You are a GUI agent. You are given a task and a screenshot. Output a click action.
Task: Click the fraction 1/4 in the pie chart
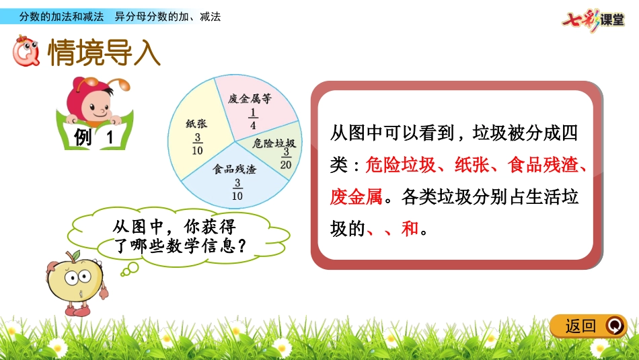pyautogui.click(x=252, y=118)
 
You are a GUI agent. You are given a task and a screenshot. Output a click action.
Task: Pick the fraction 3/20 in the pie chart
pyautogui.click(x=286, y=159)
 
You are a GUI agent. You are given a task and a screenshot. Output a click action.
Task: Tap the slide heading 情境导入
pyautogui.click(x=104, y=54)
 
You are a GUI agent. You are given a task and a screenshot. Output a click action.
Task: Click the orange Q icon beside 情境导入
pyautogui.click(x=27, y=53)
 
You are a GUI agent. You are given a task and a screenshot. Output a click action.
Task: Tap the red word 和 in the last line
pyautogui.click(x=410, y=229)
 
